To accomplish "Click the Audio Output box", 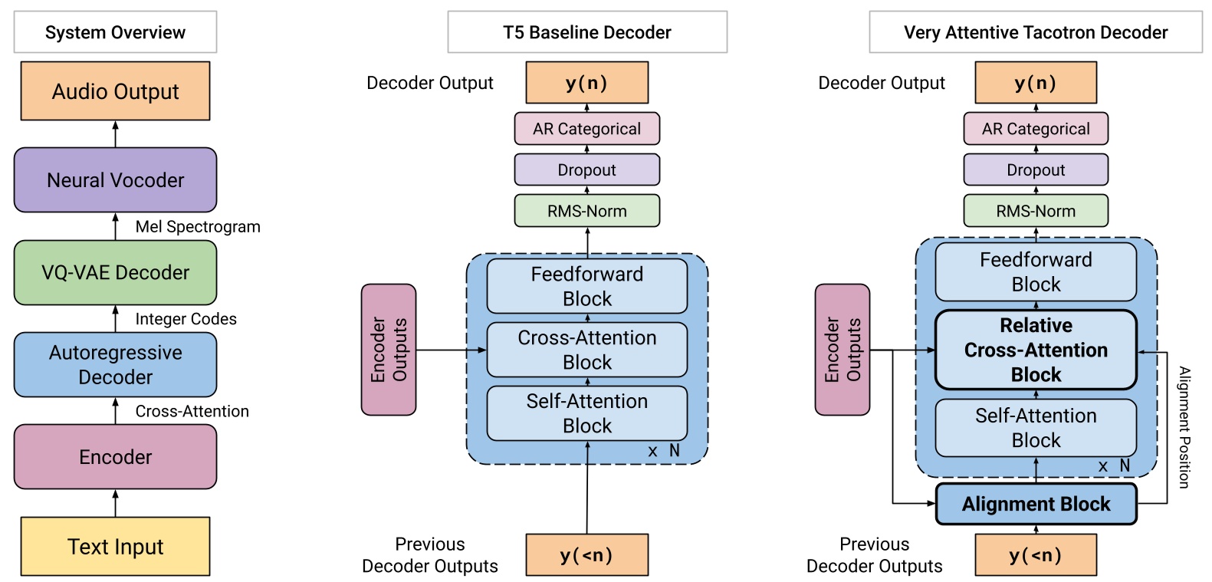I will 115,91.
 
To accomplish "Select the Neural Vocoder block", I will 115,180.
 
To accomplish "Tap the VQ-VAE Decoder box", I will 115,272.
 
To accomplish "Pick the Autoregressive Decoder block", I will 115,364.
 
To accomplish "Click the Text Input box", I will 115,546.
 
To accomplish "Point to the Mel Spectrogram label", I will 198,227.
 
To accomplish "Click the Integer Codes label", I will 186,319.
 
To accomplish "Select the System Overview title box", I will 115,32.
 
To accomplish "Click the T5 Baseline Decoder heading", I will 587,32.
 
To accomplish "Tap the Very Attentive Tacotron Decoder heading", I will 1035,32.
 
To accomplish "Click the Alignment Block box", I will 1036,504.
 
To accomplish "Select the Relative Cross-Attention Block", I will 1036,350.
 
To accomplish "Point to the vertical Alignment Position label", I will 1184,427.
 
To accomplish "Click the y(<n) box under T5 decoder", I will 586,555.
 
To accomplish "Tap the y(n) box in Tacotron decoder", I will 1036,83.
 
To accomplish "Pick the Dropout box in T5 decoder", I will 586,169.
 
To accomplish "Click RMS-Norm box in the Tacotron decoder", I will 1036,211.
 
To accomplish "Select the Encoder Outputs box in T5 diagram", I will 389,350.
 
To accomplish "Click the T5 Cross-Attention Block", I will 586,350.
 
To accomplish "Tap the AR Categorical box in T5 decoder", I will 586,129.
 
